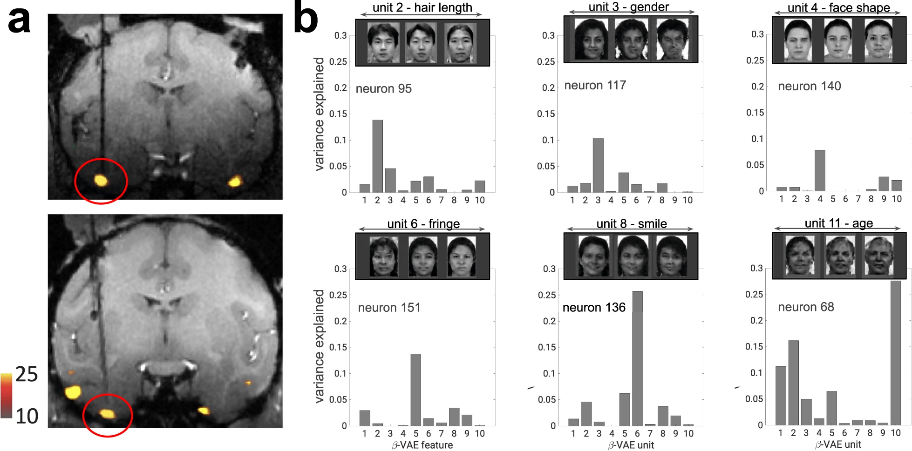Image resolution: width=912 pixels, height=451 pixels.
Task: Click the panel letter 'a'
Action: (20, 21)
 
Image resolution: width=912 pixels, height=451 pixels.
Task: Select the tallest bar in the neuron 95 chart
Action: (377, 156)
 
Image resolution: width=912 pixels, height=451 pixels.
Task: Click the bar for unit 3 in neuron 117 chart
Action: (598, 165)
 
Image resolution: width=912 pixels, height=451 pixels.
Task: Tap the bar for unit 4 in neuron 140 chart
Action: (820, 170)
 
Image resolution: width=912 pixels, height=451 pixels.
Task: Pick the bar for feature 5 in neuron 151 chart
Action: (415, 390)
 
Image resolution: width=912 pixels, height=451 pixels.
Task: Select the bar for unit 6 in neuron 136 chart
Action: (637, 358)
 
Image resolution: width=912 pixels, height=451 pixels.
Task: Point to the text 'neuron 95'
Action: (384, 89)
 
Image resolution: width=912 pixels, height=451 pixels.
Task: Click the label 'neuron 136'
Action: (594, 308)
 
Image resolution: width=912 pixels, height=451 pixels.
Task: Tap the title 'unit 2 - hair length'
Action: (422, 7)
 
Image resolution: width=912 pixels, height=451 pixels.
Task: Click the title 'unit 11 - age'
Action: (838, 223)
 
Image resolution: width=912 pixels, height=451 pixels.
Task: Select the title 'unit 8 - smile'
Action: (631, 224)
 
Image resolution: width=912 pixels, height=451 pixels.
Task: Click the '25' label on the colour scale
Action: (27, 374)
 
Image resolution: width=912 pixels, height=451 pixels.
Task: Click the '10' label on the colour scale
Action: (27, 416)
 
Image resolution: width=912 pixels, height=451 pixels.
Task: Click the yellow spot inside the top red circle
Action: (101, 180)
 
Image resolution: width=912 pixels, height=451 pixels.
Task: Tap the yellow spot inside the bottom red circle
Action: (108, 413)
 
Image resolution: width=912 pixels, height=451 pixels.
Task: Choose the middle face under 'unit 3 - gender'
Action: (631, 40)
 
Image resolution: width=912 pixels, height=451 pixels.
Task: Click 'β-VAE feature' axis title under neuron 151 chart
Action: (422, 445)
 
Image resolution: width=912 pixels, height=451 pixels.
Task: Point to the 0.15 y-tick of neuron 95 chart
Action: (338, 114)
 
